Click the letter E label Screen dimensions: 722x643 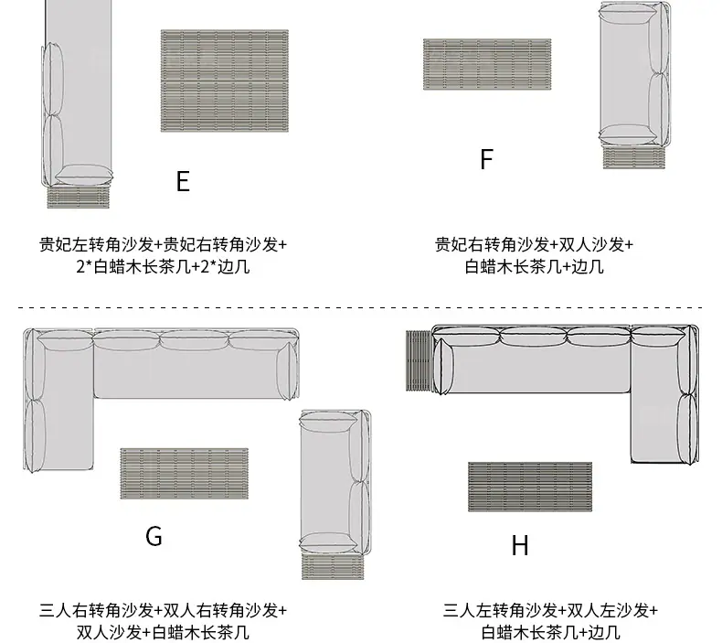coord(183,181)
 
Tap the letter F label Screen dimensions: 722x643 coord(487,159)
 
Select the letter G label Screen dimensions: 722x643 coord(154,537)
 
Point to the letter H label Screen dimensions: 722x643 coord(520,545)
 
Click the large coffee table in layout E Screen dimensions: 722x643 coord(225,80)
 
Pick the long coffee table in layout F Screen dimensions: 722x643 coord(487,64)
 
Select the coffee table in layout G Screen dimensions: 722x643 coord(185,474)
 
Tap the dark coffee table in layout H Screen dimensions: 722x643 coord(530,487)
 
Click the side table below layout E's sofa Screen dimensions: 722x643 coord(79,197)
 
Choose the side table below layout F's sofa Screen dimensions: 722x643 coord(634,157)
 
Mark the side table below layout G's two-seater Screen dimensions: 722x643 coord(333,566)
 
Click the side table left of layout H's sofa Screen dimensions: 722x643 coord(419,361)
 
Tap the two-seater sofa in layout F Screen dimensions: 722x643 coord(634,74)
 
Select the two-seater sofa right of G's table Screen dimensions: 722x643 coord(335,482)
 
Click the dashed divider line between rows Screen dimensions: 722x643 coord(360,307)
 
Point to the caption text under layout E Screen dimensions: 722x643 coord(163,255)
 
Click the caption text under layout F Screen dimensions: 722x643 coord(534,255)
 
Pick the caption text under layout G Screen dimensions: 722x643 coord(163,621)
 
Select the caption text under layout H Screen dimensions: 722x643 coord(551,621)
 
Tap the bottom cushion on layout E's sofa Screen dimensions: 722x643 coord(84,175)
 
